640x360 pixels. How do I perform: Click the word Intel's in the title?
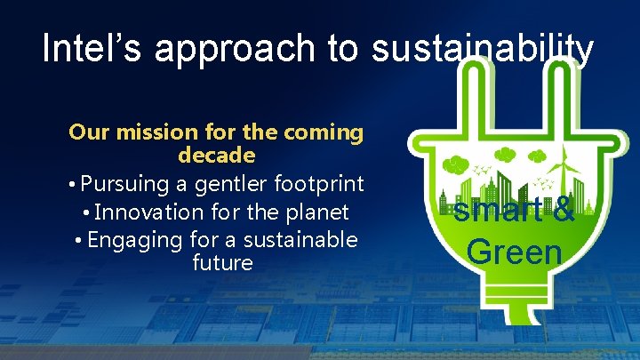tap(92, 49)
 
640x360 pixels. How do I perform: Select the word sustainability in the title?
tap(482, 51)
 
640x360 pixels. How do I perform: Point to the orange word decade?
tap(217, 156)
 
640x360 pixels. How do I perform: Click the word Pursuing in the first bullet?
tap(125, 184)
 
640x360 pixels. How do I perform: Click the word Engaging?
tap(128, 240)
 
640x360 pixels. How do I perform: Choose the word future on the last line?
tap(222, 263)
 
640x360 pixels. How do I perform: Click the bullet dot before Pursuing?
tap(71, 185)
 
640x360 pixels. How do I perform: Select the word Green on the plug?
tap(515, 252)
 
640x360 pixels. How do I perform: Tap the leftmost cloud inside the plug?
tap(455, 164)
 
